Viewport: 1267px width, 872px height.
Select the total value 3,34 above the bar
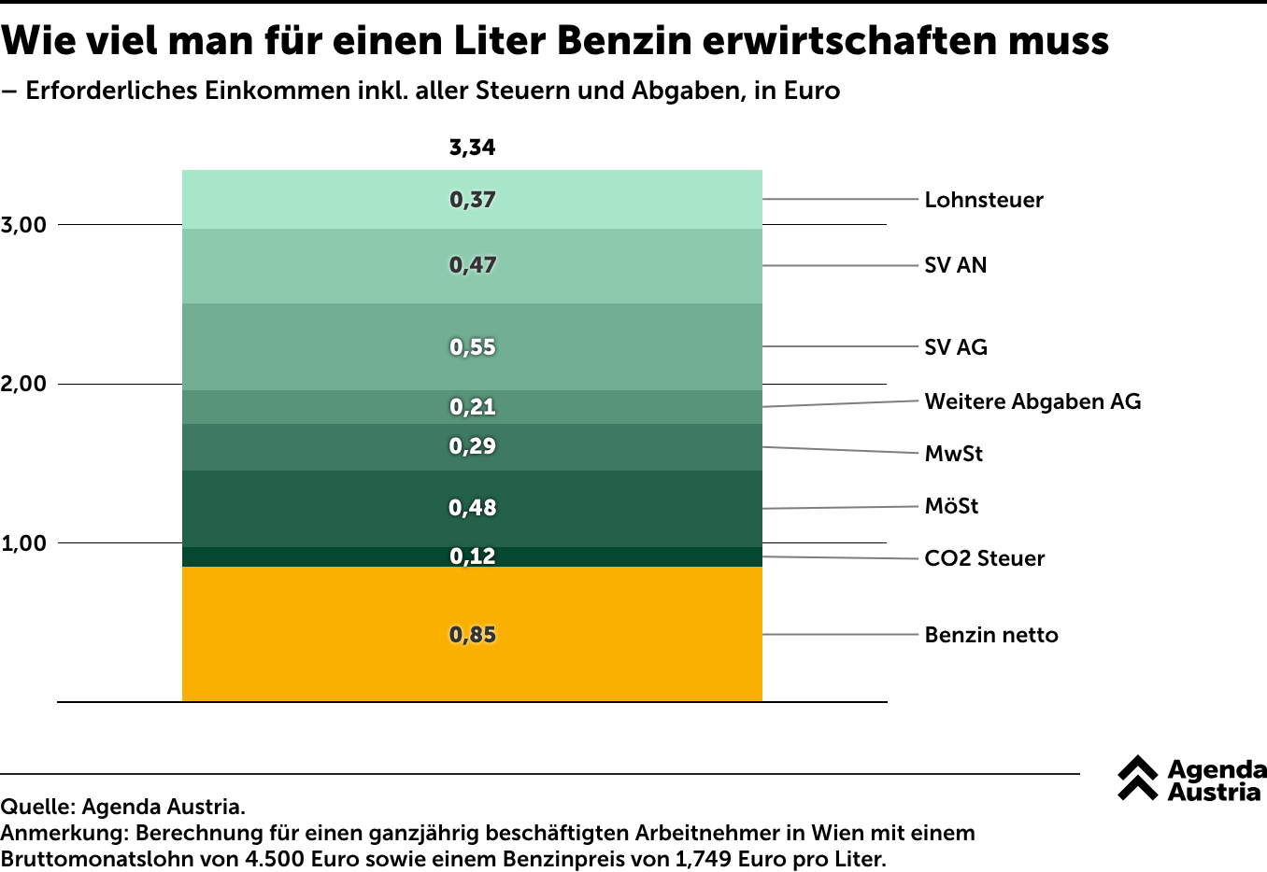[x=472, y=148]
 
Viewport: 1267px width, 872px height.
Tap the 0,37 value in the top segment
[x=472, y=200]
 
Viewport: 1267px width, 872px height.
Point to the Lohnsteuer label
[x=983, y=200]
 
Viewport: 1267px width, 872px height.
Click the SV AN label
[x=955, y=265]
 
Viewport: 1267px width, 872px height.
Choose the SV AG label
[x=955, y=347]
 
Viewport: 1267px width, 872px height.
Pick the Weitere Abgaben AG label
[x=1032, y=401]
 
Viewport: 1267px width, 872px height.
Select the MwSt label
[x=953, y=454]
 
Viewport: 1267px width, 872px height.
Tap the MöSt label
[x=951, y=506]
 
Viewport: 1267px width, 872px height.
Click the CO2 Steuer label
[x=984, y=558]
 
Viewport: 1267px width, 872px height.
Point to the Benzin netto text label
[x=990, y=635]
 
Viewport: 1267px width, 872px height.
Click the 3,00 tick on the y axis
[x=23, y=225]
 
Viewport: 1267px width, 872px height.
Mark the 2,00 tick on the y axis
[x=23, y=384]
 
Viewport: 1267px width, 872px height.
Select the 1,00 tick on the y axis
[x=23, y=543]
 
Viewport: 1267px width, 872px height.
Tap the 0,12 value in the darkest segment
[x=472, y=556]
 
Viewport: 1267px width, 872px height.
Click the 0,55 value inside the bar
[x=472, y=347]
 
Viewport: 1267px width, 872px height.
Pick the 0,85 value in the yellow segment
[x=472, y=635]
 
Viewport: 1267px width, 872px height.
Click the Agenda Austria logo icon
[x=1137, y=778]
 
